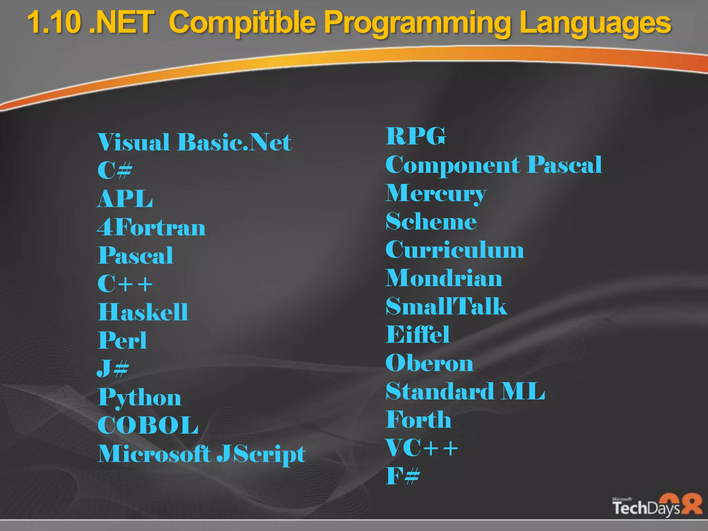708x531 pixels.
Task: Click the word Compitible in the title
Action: (x=242, y=23)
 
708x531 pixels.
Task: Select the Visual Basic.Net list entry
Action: (x=194, y=142)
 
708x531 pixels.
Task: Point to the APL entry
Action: (x=125, y=199)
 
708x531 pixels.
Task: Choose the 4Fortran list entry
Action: (x=151, y=227)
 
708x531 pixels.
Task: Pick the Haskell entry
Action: (x=143, y=312)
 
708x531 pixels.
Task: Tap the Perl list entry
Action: (x=122, y=341)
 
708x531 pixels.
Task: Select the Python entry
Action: (x=139, y=398)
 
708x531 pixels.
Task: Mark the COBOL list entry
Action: (x=148, y=425)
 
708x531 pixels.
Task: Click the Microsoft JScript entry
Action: (x=202, y=454)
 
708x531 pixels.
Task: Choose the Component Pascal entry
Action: (x=494, y=165)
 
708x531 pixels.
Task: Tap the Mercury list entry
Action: (x=436, y=194)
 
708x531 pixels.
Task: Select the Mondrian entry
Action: (x=444, y=278)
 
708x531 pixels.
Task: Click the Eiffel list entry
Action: (x=418, y=335)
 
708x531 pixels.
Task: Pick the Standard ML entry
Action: (x=465, y=391)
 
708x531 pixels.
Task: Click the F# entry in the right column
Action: (x=403, y=476)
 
